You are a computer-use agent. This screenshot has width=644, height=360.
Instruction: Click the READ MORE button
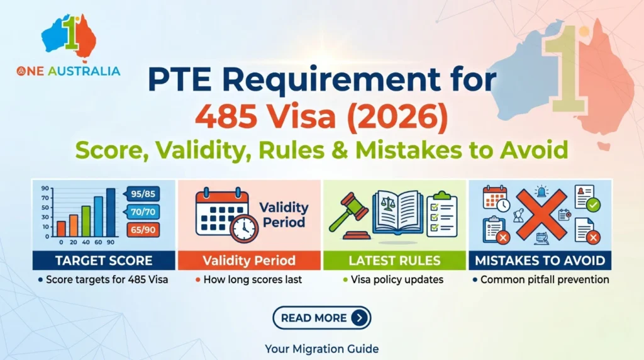pyautogui.click(x=321, y=318)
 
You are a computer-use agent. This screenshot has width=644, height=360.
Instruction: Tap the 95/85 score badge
pyautogui.click(x=142, y=194)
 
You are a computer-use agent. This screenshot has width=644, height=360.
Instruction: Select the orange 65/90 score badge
pyautogui.click(x=143, y=230)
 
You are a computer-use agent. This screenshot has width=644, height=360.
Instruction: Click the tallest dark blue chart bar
pyautogui.click(x=111, y=213)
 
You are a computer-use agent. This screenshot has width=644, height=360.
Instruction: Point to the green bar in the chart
pyautogui.click(x=86, y=222)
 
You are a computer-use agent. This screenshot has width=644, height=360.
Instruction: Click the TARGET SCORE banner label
pyautogui.click(x=104, y=261)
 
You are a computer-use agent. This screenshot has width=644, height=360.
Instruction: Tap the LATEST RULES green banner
pyautogui.click(x=395, y=261)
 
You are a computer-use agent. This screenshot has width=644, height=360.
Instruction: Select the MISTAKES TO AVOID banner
pyautogui.click(x=540, y=261)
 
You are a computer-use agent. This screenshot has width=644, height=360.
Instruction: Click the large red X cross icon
pyautogui.click(x=541, y=215)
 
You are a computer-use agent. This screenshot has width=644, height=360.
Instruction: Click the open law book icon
pyautogui.click(x=397, y=213)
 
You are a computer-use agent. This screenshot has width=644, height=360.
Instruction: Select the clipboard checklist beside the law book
pyautogui.click(x=442, y=214)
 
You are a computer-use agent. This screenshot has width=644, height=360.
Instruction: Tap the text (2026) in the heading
pyautogui.click(x=397, y=116)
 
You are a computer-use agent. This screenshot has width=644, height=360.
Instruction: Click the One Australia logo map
pyautogui.click(x=69, y=38)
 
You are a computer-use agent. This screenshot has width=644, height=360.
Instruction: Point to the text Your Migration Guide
pyautogui.click(x=321, y=349)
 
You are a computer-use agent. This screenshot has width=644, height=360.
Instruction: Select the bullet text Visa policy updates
pyautogui.click(x=397, y=280)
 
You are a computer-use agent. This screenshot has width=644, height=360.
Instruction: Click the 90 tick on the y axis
pyautogui.click(x=45, y=188)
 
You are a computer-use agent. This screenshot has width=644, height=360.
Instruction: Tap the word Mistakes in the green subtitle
pyautogui.click(x=409, y=150)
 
